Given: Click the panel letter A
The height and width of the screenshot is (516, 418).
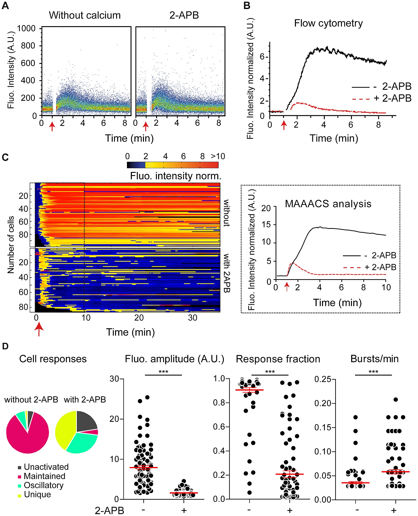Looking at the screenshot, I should tap(5, 6).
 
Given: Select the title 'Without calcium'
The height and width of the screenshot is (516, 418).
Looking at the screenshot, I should tap(85, 15).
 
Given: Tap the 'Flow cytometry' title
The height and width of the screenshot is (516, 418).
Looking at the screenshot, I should tap(328, 23).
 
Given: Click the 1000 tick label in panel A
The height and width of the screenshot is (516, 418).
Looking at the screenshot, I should tap(26, 28).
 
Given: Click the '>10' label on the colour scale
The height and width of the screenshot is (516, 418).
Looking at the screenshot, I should tap(218, 156).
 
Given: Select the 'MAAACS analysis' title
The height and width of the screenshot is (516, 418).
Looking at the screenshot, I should tap(328, 204).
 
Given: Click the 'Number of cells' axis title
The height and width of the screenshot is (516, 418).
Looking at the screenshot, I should tap(11, 245).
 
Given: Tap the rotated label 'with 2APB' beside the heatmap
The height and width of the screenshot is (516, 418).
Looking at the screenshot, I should tap(226, 273).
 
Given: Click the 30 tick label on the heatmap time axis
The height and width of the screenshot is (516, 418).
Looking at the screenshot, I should tap(192, 318).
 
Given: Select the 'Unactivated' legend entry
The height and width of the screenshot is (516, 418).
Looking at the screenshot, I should tap(46, 467).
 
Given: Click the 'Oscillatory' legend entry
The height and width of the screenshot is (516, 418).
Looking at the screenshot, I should tap(43, 485).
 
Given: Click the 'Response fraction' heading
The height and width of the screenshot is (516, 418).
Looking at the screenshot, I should tap(278, 359).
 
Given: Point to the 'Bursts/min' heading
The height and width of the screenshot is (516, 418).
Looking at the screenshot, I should tap(374, 359).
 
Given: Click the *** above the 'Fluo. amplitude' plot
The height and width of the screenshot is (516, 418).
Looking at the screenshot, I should tap(163, 372).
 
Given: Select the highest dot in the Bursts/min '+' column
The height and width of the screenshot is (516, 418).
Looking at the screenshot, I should tap(396, 400).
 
